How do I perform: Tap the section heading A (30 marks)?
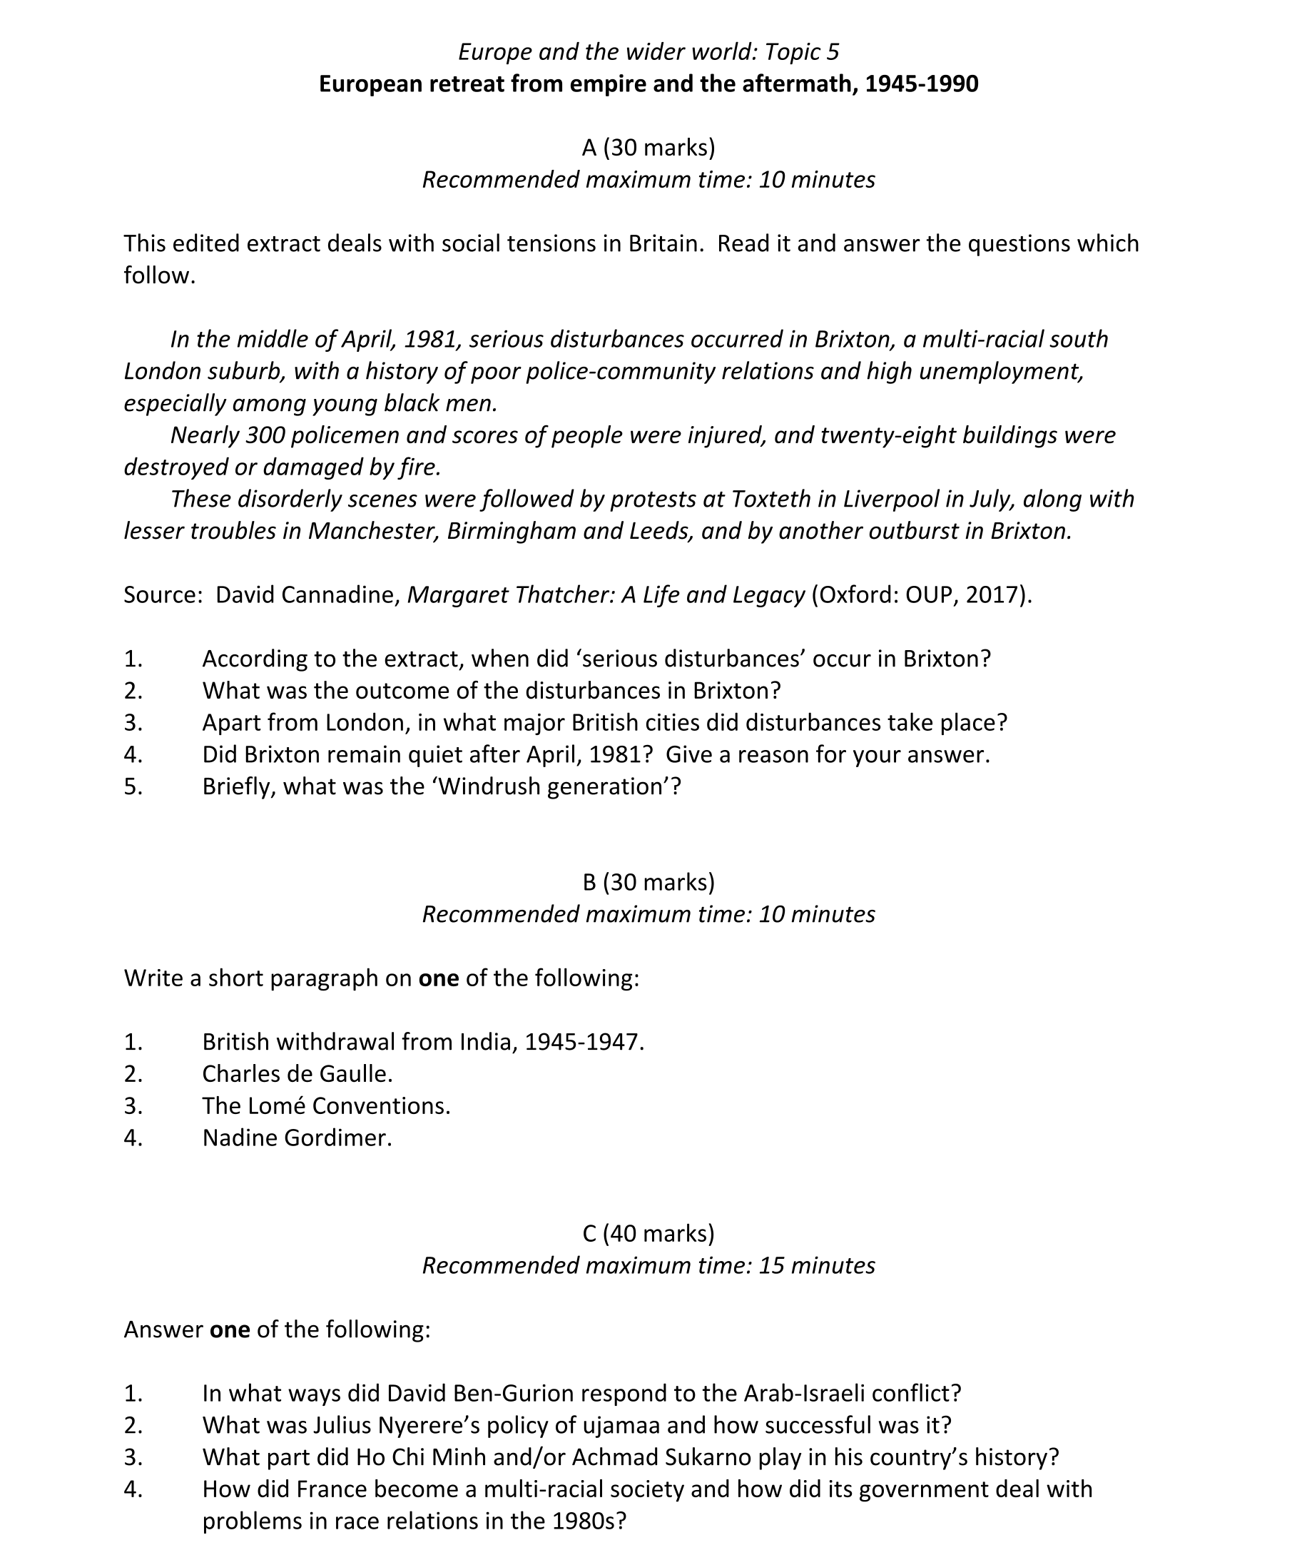pos(648,148)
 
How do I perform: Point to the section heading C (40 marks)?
pos(648,1233)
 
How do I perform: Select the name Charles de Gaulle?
pos(296,1074)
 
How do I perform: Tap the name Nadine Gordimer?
pos(296,1138)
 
